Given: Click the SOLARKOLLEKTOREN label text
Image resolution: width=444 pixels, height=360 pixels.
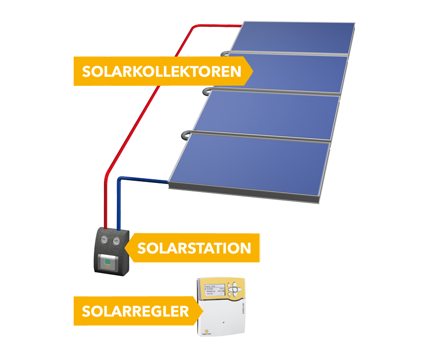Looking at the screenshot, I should click(161, 71).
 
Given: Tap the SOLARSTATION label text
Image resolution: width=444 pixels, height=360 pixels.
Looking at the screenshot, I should click(194, 248).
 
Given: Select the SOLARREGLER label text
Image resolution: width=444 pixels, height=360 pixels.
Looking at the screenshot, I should click(135, 311).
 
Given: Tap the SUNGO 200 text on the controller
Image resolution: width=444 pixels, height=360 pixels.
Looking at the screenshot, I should click(243, 303).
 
